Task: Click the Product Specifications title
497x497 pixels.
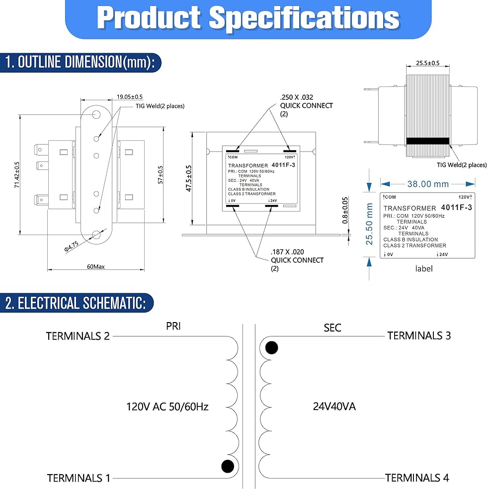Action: [x=248, y=18]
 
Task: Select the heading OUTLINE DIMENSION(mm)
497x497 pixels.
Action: [x=80, y=62]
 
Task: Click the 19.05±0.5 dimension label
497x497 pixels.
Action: [x=130, y=96]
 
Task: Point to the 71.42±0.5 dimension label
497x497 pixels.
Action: [x=17, y=174]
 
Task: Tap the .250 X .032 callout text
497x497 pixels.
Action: [x=296, y=97]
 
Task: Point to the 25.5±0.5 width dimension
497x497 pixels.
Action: [x=427, y=63]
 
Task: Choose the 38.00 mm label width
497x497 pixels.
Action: [x=428, y=184]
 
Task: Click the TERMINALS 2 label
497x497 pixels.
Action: [x=78, y=335]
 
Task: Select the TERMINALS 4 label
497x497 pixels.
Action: [x=417, y=478]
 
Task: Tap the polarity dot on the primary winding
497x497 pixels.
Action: [x=227, y=466]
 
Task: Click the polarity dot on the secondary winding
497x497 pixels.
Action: [x=271, y=347]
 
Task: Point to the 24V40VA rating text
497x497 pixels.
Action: [x=334, y=406]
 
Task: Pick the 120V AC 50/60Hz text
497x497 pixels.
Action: [x=167, y=406]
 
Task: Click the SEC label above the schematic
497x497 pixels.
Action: [x=332, y=328]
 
